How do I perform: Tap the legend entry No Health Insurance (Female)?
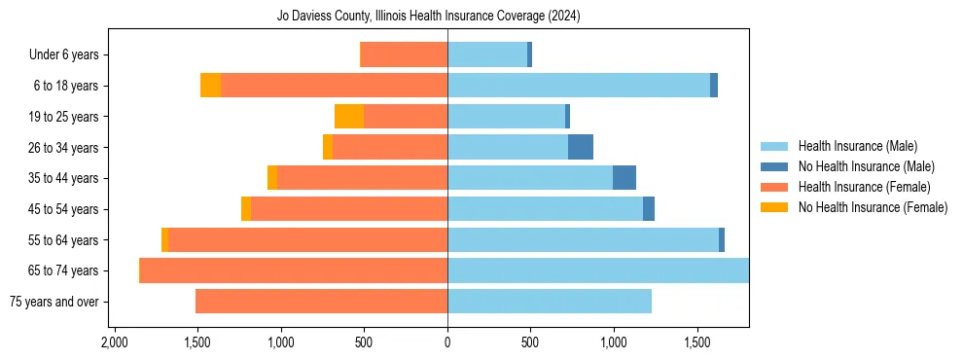872,207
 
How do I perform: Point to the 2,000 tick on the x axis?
115,342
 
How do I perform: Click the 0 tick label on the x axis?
447,342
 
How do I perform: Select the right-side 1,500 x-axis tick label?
696,342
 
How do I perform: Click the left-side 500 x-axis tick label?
364,342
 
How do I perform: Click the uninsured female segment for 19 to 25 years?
349,117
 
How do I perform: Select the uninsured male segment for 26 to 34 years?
581,147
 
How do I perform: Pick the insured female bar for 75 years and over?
321,302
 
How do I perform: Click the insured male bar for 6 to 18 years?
579,86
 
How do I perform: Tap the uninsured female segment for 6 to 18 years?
211,86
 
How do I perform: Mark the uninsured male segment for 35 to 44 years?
624,178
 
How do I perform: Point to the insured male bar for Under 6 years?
487,55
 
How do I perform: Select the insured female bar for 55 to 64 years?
307,239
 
